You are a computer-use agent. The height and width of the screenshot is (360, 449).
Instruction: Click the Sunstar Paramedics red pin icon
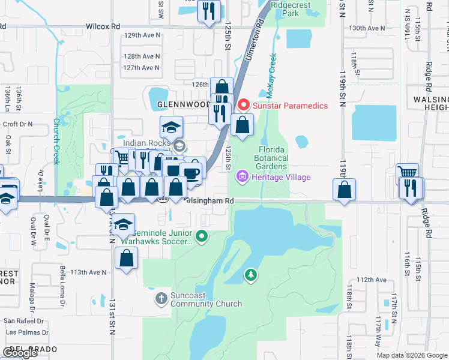(244, 105)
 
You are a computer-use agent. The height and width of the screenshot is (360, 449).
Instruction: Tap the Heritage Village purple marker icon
(243, 177)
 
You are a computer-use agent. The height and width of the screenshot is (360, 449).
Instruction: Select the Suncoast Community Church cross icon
(161, 298)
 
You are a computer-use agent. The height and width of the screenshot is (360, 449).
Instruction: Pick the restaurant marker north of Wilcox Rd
(209, 11)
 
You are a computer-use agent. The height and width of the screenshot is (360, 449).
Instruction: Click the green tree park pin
(250, 275)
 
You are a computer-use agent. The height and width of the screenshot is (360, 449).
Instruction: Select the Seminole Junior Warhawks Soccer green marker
(202, 236)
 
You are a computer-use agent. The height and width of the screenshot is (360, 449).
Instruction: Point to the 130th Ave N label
(367, 28)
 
